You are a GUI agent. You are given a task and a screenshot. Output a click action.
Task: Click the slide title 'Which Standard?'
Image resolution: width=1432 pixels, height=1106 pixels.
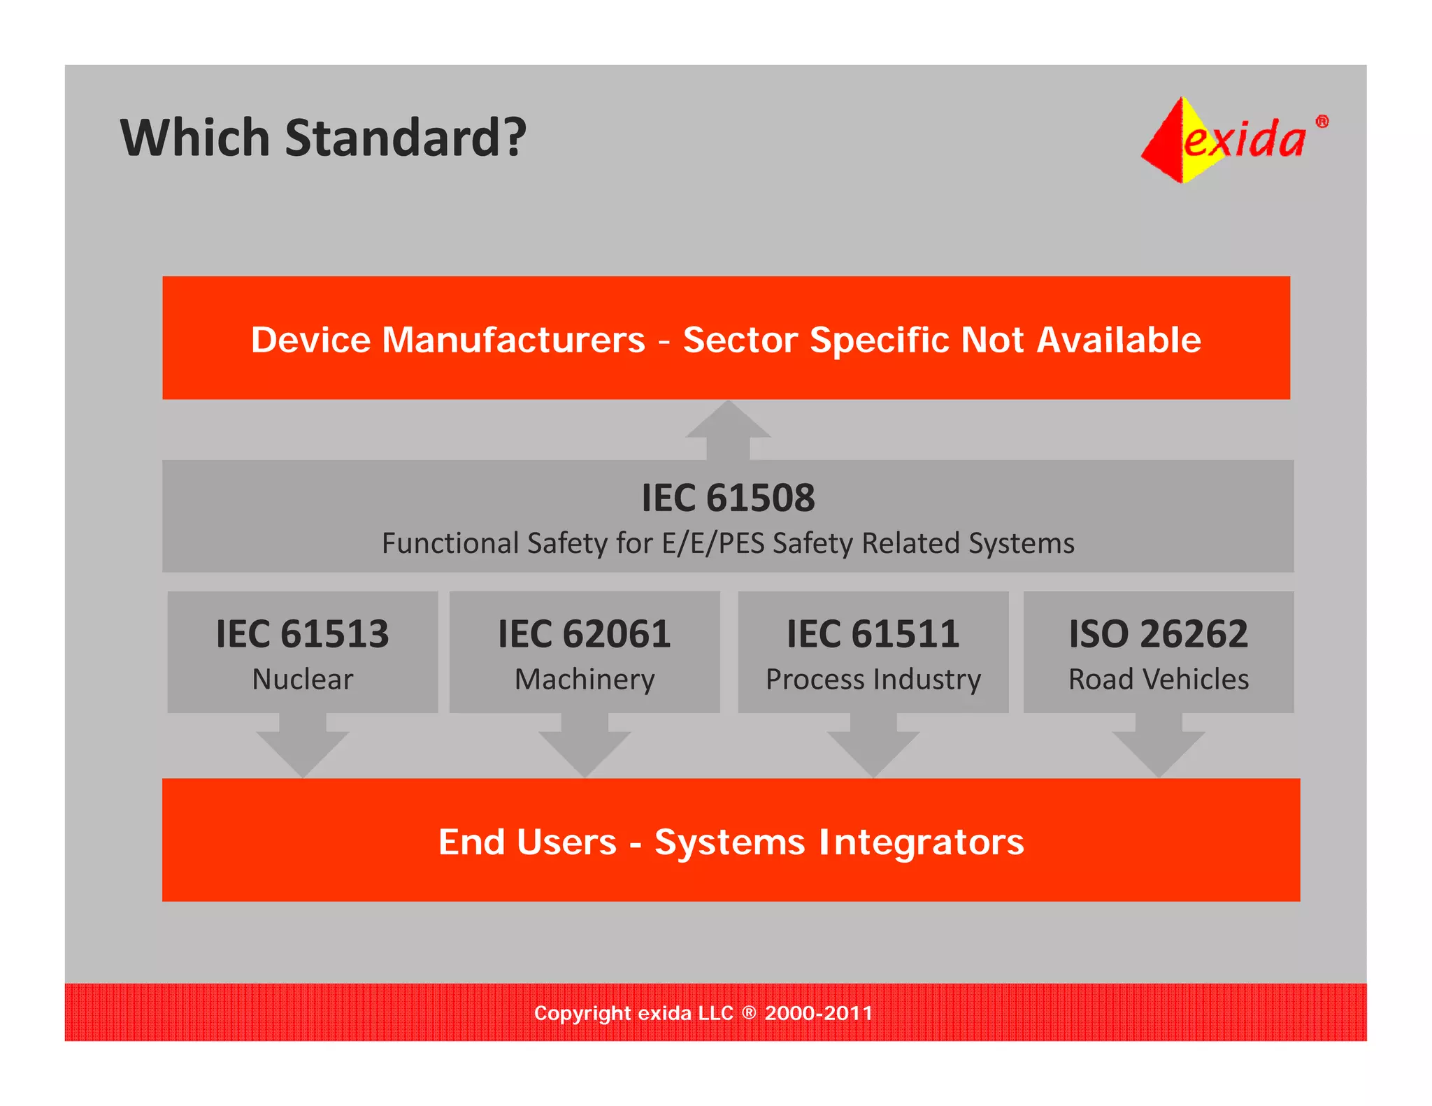[323, 138]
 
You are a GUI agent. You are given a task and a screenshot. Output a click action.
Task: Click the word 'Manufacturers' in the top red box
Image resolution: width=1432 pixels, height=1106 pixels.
[513, 340]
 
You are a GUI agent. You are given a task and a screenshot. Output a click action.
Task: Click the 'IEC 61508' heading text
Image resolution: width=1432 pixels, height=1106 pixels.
[728, 498]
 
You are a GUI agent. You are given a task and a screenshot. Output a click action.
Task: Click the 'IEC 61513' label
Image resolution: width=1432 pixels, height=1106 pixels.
[302, 634]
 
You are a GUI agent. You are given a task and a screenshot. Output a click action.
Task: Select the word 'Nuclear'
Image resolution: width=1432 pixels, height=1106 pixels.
[302, 679]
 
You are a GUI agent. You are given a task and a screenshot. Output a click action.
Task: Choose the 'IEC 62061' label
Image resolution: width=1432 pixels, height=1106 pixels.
[584, 634]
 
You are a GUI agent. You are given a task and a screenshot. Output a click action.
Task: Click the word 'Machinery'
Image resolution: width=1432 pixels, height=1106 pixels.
[585, 679]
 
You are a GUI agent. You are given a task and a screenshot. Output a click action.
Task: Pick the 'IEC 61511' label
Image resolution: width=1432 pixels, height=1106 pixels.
[873, 634]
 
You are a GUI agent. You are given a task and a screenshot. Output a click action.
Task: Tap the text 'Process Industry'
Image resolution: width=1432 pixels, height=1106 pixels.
[873, 679]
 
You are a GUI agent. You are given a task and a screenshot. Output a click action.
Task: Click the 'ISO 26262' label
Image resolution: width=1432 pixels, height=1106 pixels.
[1158, 634]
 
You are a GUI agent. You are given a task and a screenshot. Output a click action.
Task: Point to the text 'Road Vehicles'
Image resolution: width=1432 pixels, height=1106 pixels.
[1158, 679]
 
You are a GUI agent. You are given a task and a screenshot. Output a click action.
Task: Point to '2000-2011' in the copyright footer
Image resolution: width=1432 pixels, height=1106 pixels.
[818, 1013]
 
